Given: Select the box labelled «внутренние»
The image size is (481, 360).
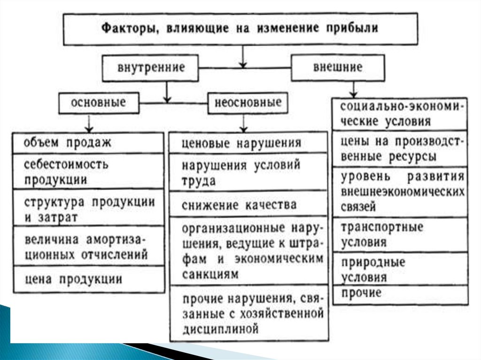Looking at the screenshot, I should click(151, 67).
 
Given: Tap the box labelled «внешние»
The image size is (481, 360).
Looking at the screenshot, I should click(338, 67).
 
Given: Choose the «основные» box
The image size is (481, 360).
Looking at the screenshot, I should click(99, 102).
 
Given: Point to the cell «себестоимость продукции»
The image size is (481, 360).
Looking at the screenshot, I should click(88, 171).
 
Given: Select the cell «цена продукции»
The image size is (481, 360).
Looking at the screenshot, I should click(88, 279).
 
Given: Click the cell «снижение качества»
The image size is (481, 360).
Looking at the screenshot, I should click(248, 205).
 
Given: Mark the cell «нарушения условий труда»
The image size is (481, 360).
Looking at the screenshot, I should click(248, 172).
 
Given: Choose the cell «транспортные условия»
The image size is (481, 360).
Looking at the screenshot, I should click(400, 234).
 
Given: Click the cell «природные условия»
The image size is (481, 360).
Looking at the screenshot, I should click(400, 269).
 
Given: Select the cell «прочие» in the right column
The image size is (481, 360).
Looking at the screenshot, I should click(400, 294).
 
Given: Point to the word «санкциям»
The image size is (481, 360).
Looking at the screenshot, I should click(210, 273).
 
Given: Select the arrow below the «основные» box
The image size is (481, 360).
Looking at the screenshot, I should click(88, 125).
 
